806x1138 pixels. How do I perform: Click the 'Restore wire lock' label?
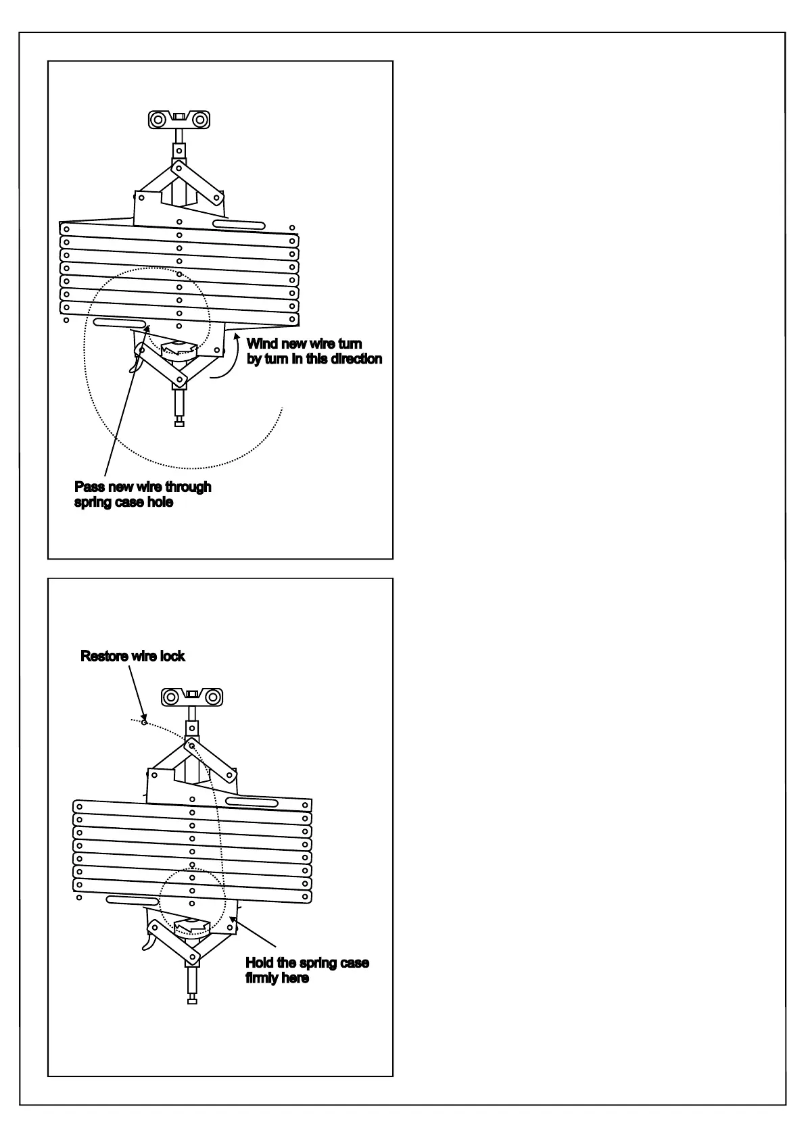(133, 656)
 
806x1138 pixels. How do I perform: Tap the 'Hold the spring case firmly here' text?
(307, 970)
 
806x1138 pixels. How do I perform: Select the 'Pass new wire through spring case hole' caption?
(143, 495)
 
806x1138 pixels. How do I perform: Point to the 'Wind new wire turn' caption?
(304, 344)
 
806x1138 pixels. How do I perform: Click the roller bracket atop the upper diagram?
(179, 120)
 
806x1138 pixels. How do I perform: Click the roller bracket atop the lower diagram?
(192, 697)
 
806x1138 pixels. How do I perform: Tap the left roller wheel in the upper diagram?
(158, 120)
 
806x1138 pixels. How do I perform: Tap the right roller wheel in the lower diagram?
(213, 697)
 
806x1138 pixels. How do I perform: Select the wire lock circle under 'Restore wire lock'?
(143, 722)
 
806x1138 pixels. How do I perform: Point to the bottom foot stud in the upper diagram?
(179, 423)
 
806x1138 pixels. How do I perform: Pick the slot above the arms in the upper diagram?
(237, 224)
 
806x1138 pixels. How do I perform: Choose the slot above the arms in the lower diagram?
(252, 802)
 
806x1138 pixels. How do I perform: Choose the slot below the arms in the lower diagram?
(133, 901)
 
